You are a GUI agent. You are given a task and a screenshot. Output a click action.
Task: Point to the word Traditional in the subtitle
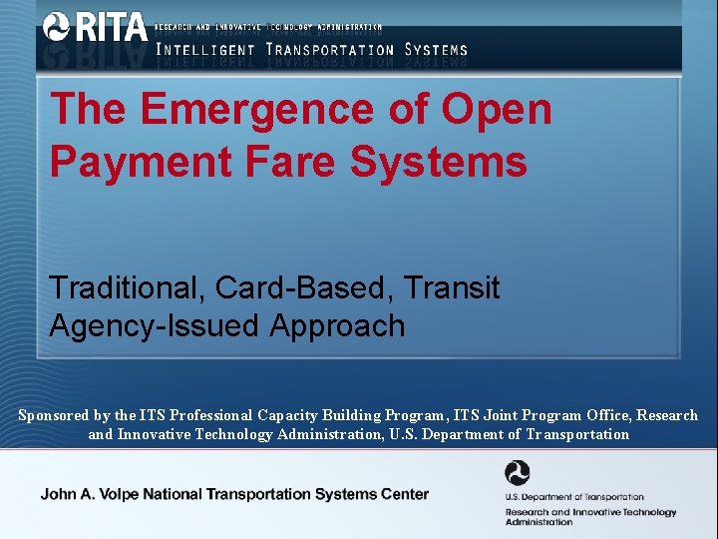coord(125,287)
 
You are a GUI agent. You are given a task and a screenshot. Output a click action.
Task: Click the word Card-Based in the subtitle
coord(304,287)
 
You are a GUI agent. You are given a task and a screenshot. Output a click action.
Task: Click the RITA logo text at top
coord(109,27)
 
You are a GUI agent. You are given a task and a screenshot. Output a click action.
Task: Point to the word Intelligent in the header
coord(204,49)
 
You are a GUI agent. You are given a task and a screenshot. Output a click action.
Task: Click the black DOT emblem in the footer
coord(518,473)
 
